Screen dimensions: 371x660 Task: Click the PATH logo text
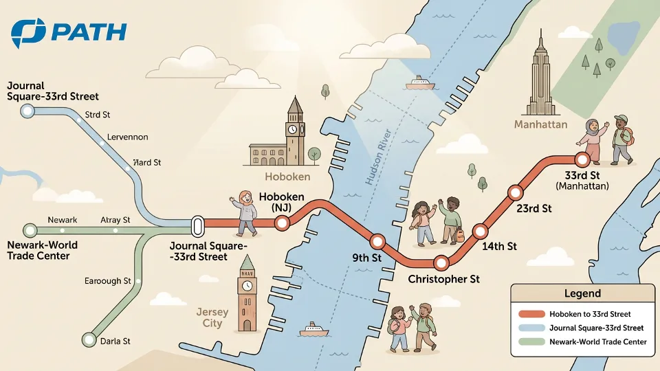(89, 32)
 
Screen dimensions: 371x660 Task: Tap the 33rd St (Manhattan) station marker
(582, 159)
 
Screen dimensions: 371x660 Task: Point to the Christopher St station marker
(441, 262)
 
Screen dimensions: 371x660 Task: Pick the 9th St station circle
(377, 242)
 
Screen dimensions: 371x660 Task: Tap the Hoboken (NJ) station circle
(281, 223)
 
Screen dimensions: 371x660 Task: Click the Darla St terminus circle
(89, 339)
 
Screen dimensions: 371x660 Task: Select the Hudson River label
(379, 157)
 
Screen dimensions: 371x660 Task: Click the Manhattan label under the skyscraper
(541, 124)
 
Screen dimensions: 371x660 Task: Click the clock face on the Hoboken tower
(292, 128)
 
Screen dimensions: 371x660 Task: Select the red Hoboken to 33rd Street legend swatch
(531, 314)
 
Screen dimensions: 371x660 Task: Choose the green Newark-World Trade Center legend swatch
(531, 341)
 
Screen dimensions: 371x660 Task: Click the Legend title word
(582, 293)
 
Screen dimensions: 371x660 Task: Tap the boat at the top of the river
(420, 84)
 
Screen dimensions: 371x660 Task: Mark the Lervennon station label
(126, 137)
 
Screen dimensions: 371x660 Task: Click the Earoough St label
(107, 281)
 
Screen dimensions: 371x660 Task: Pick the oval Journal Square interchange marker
(197, 225)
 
